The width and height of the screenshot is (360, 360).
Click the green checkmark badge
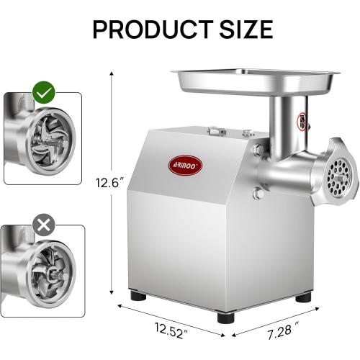pos(45,92)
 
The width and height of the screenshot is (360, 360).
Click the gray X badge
pos(45,225)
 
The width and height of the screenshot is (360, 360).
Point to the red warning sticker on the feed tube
pos(303,119)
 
